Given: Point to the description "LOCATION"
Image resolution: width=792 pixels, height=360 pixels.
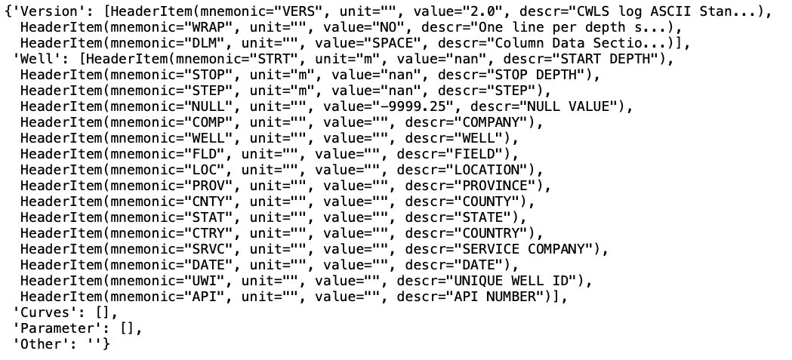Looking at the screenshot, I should [x=485, y=170].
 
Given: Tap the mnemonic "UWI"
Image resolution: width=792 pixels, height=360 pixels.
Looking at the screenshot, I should [x=200, y=281].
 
